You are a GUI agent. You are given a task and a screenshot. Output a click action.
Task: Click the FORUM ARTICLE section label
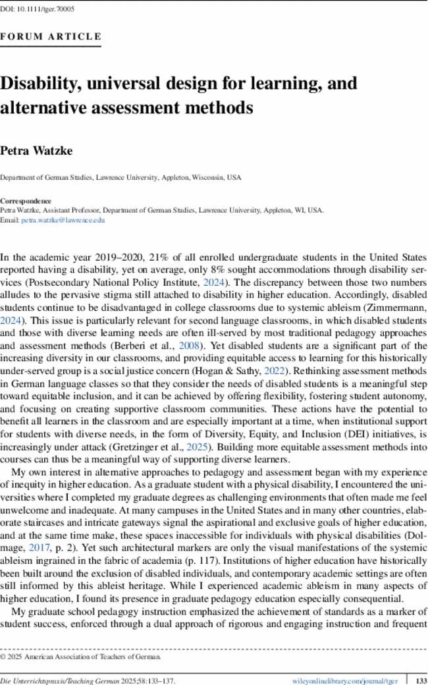51,37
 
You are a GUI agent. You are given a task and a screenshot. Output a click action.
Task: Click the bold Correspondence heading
26,200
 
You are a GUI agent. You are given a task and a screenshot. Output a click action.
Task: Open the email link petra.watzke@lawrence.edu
63,221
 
